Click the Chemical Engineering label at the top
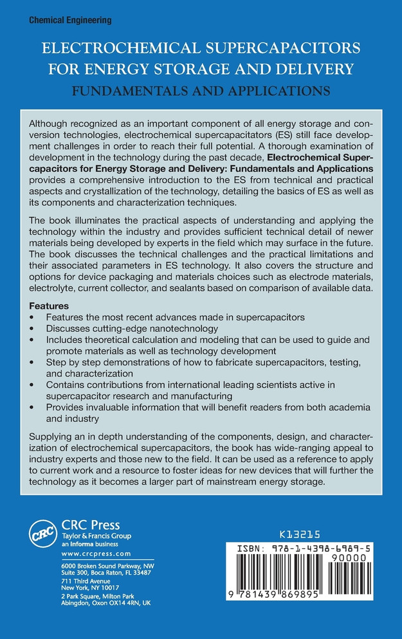(x=71, y=21)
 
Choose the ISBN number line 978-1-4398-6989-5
(x=308, y=545)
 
